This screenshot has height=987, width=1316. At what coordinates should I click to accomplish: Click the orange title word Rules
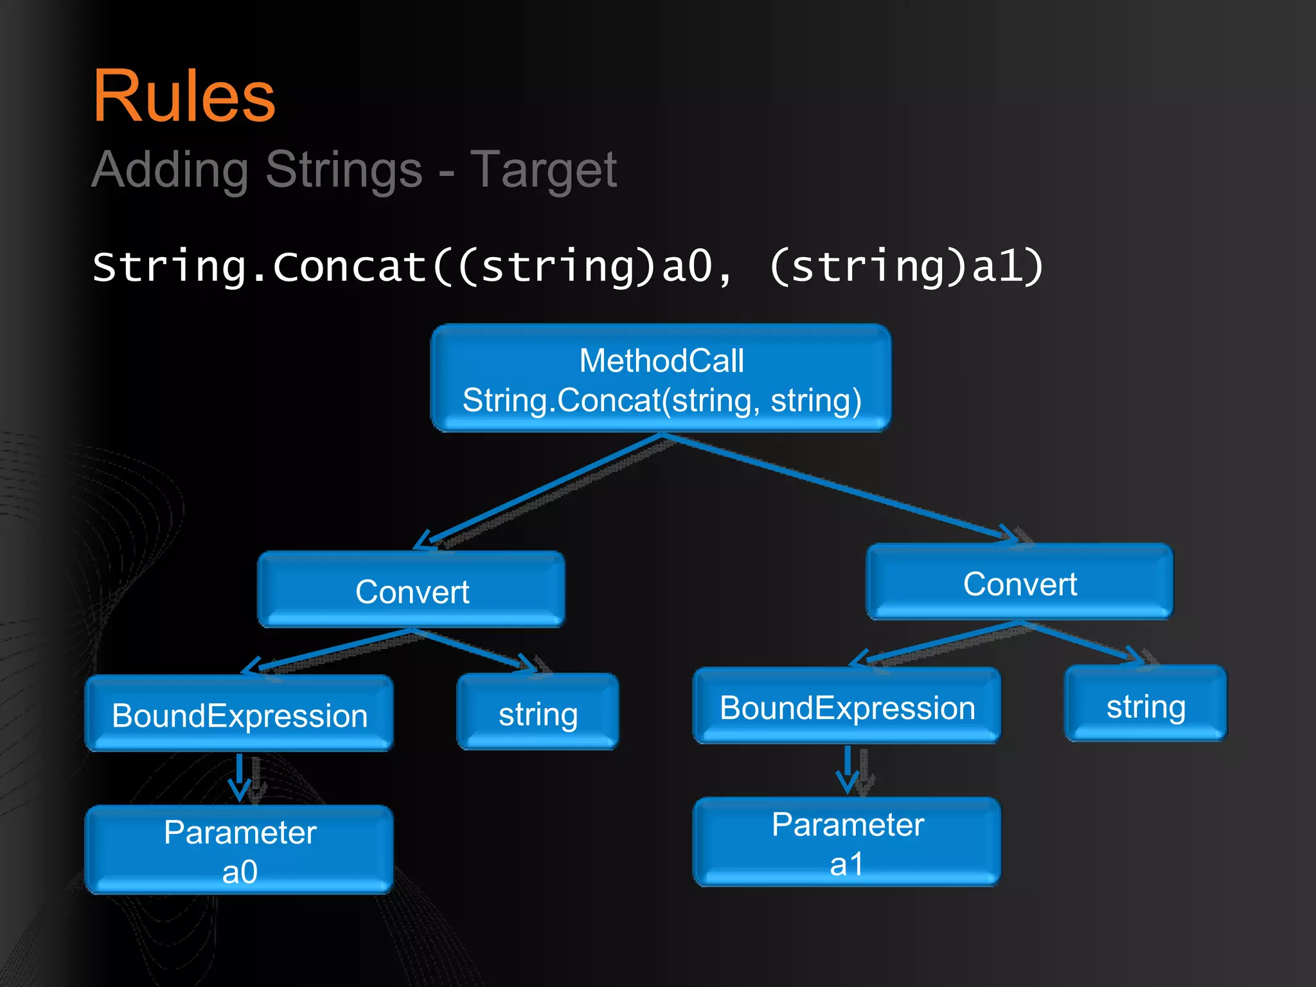point(184,96)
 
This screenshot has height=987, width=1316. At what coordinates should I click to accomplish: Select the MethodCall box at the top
point(661,379)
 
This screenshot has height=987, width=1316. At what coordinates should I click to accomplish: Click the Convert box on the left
point(411,591)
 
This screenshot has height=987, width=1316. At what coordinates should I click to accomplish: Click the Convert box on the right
point(1019,583)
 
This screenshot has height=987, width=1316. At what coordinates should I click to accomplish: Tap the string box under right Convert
point(1146,705)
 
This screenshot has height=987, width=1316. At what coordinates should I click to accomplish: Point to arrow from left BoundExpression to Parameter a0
point(240,776)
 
